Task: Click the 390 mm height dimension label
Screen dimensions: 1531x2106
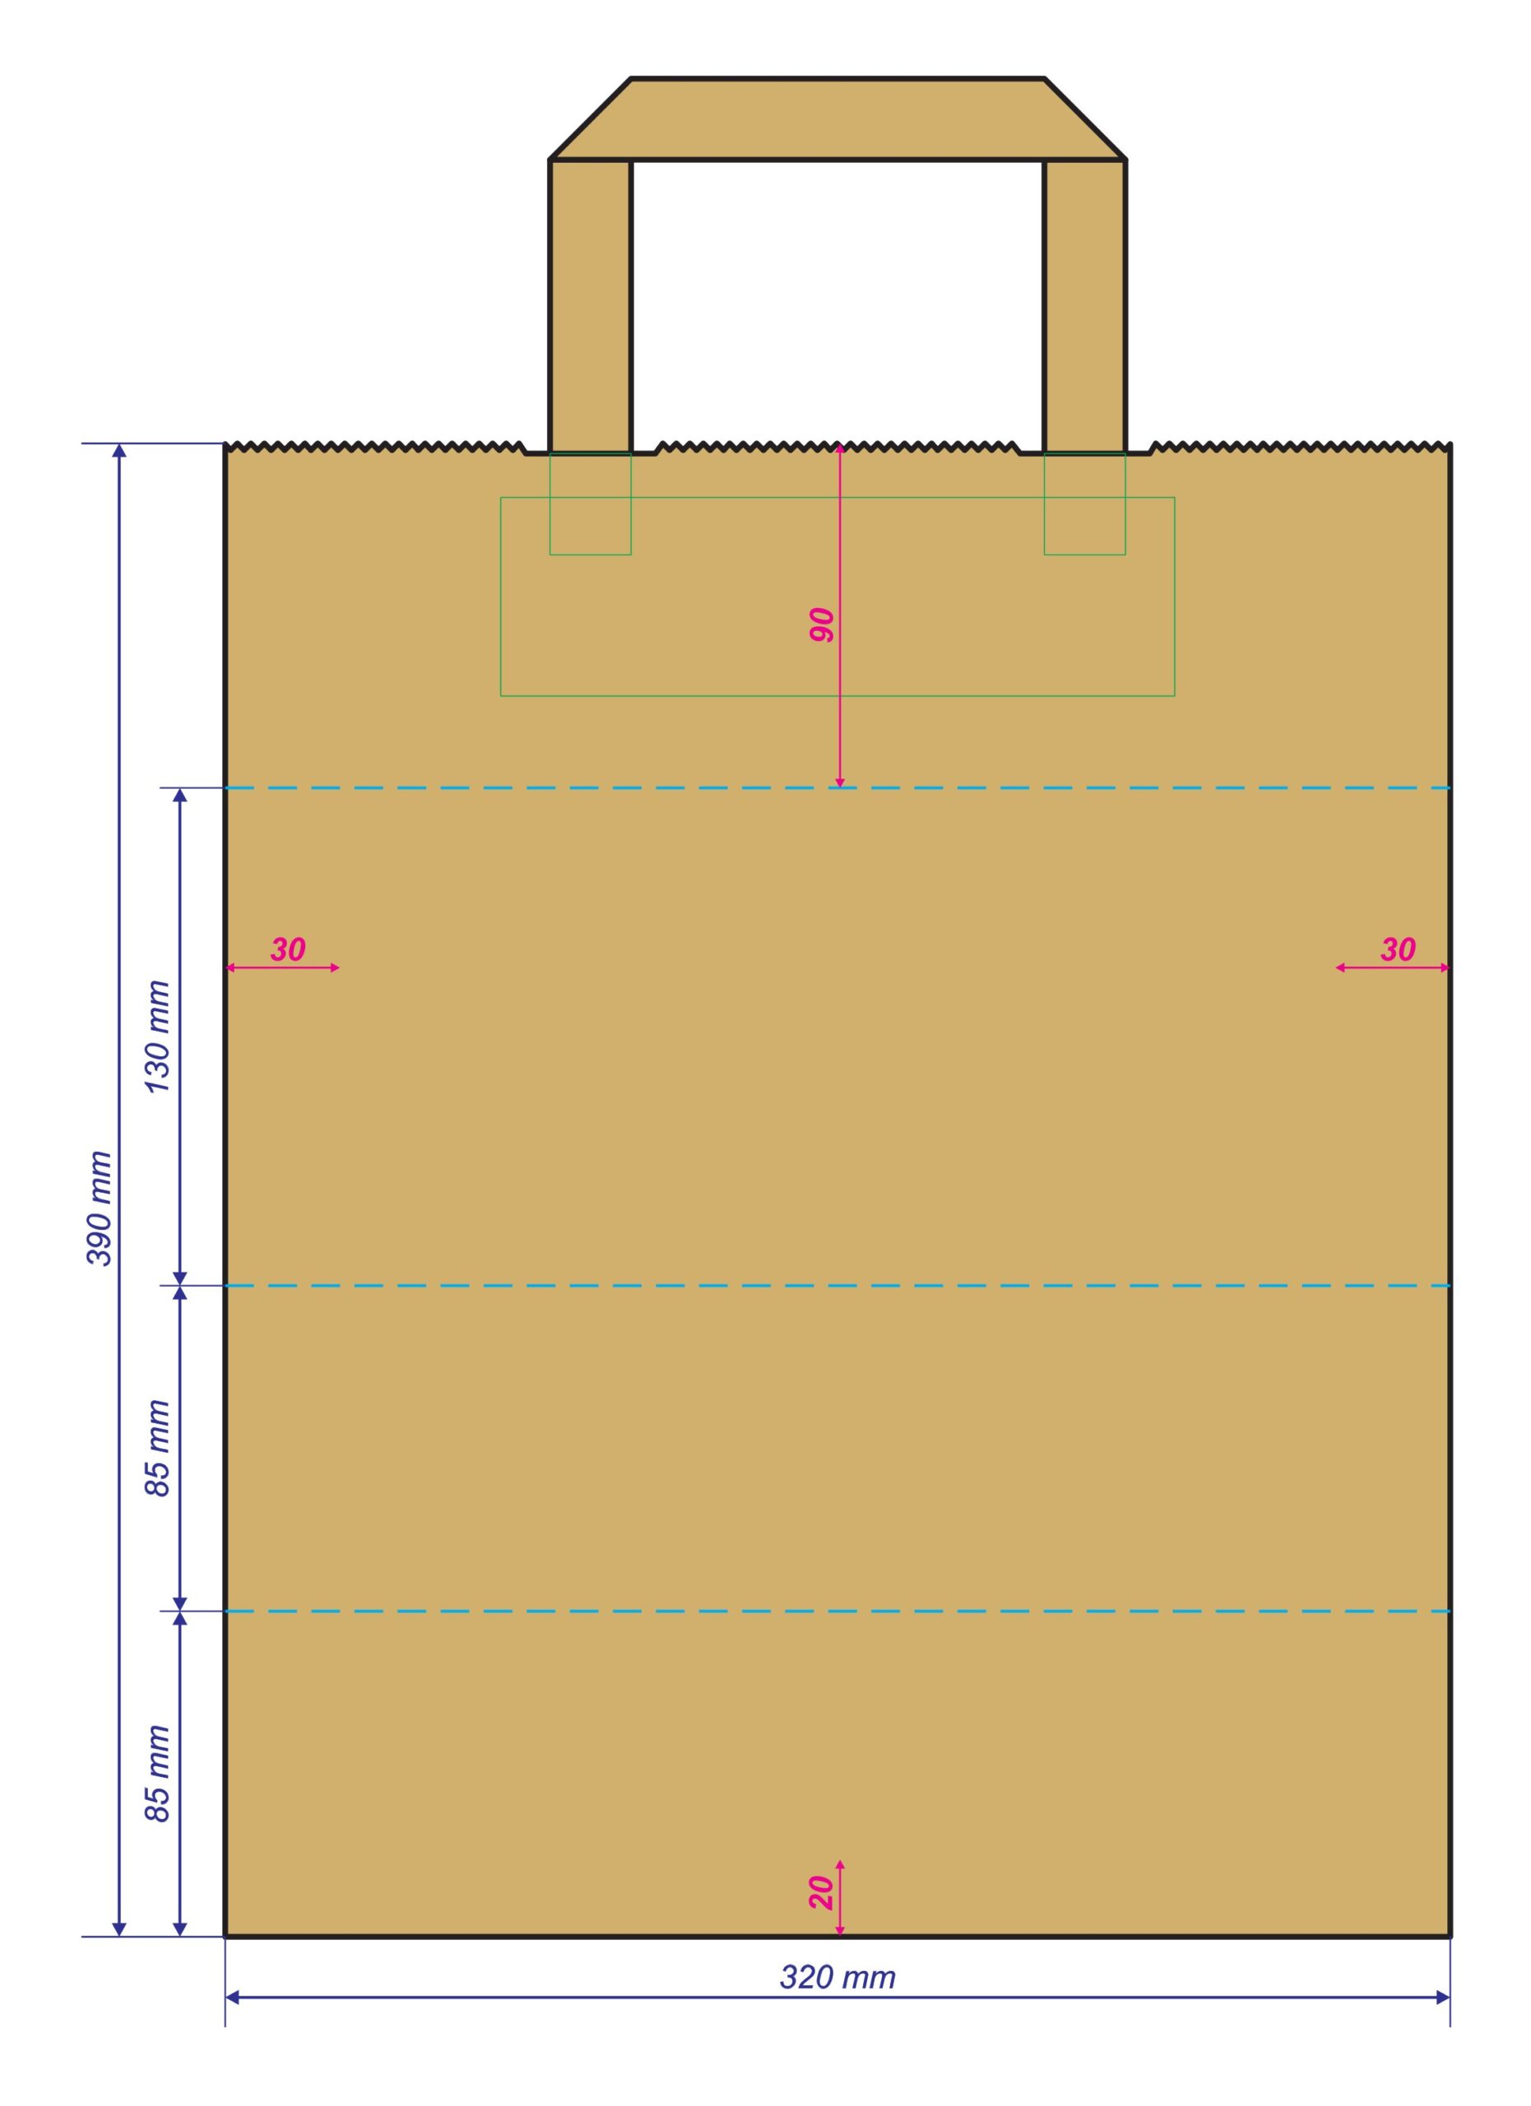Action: [x=100, y=1208]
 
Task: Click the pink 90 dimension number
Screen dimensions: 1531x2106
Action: [x=822, y=626]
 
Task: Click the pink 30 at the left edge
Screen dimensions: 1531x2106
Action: [x=288, y=950]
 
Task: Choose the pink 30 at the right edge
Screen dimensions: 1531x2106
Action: [x=1399, y=950]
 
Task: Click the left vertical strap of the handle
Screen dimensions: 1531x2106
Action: [x=591, y=305]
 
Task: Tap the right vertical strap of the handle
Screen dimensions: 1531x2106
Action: [x=1084, y=305]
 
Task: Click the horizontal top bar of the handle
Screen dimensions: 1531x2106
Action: [x=837, y=118]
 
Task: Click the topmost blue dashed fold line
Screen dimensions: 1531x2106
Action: [x=837, y=788]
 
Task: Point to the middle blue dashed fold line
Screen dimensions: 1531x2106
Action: [x=837, y=1286]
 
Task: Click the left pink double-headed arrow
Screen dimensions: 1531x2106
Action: [x=283, y=967]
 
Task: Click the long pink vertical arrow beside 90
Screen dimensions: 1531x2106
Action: [x=840, y=616]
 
